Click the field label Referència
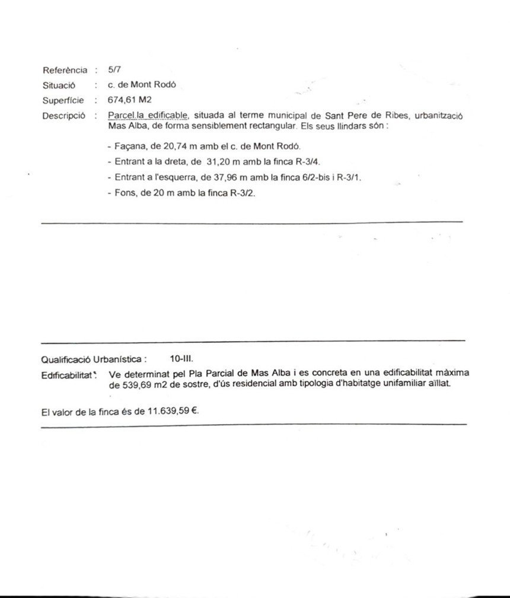click(x=65, y=70)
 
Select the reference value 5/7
click(x=114, y=69)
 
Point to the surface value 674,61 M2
click(x=130, y=100)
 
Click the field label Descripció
click(x=63, y=116)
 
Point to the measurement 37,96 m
click(x=224, y=177)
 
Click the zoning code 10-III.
click(x=181, y=359)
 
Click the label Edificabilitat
click(x=68, y=375)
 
